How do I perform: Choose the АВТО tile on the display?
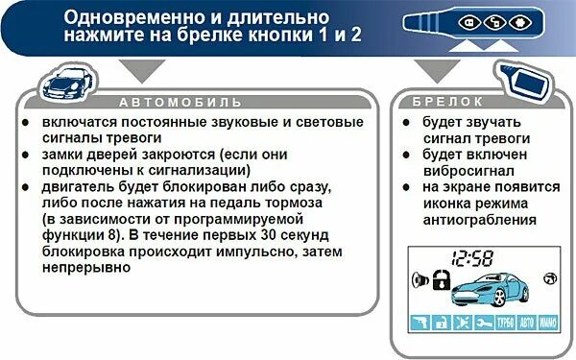point(526,323)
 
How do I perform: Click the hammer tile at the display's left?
point(420,323)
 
